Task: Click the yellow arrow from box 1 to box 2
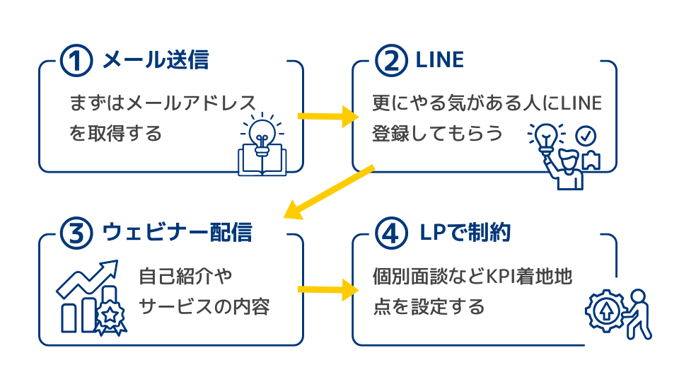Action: coord(325,117)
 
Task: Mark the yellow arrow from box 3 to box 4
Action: coord(325,289)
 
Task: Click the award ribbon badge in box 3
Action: coord(110,316)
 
